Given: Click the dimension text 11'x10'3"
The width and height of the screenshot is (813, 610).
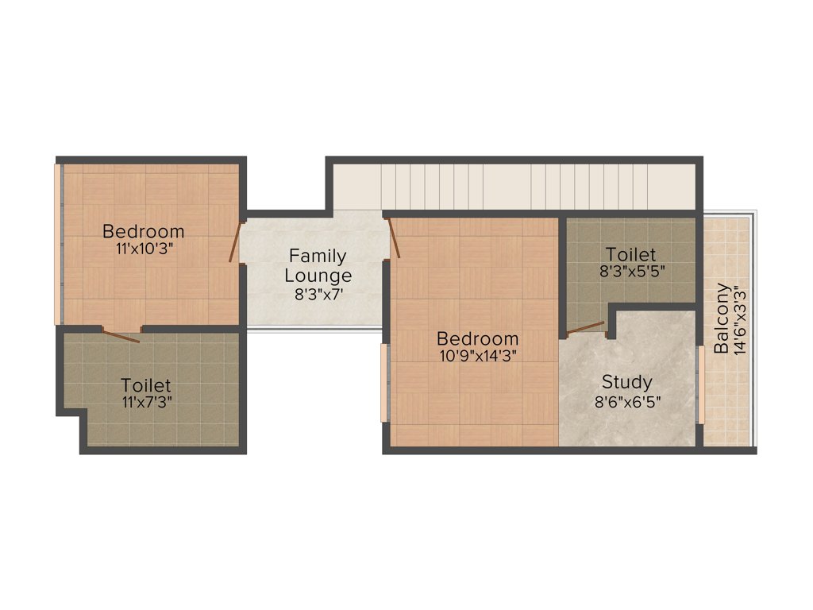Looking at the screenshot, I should [144, 248].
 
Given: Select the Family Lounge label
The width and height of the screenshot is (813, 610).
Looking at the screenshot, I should [318, 266].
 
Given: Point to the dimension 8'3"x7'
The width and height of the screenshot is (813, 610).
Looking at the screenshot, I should [318, 293].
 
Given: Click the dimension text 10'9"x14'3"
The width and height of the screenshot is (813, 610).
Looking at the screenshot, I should [477, 356].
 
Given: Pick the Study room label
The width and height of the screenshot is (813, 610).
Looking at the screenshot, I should [626, 382].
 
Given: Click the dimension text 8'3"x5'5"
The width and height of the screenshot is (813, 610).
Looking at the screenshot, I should [631, 271].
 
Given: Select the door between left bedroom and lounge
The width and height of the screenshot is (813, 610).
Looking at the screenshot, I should [235, 241].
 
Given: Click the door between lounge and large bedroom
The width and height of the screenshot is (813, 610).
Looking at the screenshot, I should [392, 239].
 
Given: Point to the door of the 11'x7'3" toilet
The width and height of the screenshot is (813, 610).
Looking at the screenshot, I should [121, 334].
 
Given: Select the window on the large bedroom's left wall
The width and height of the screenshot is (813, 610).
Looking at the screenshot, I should [384, 383].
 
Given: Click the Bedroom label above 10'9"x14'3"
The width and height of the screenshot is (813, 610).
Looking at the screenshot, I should [477, 339].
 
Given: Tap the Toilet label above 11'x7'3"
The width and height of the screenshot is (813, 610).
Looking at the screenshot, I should [145, 385].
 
